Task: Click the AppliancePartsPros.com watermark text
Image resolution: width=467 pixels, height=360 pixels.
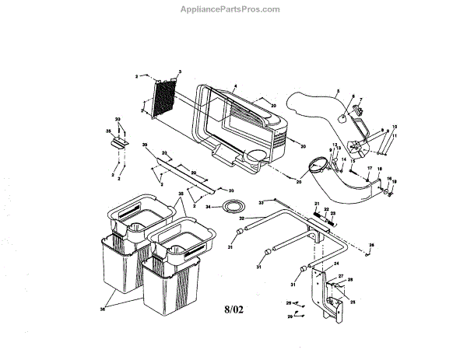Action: pyautogui.click(x=233, y=9)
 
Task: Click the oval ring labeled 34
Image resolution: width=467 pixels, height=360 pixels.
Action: pyautogui.click(x=230, y=207)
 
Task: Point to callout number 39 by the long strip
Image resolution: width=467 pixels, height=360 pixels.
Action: pyautogui.click(x=145, y=145)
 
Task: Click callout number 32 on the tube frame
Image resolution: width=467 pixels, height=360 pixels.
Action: pyautogui.click(x=242, y=219)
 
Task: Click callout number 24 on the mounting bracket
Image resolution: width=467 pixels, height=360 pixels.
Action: pyautogui.click(x=337, y=264)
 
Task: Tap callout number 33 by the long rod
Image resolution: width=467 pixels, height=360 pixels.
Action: pyautogui.click(x=262, y=202)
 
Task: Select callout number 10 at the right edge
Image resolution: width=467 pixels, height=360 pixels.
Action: pyautogui.click(x=393, y=126)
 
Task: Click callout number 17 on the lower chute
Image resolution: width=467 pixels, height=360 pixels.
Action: pyautogui.click(x=368, y=169)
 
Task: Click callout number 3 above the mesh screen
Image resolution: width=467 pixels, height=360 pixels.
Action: pyautogui.click(x=180, y=72)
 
